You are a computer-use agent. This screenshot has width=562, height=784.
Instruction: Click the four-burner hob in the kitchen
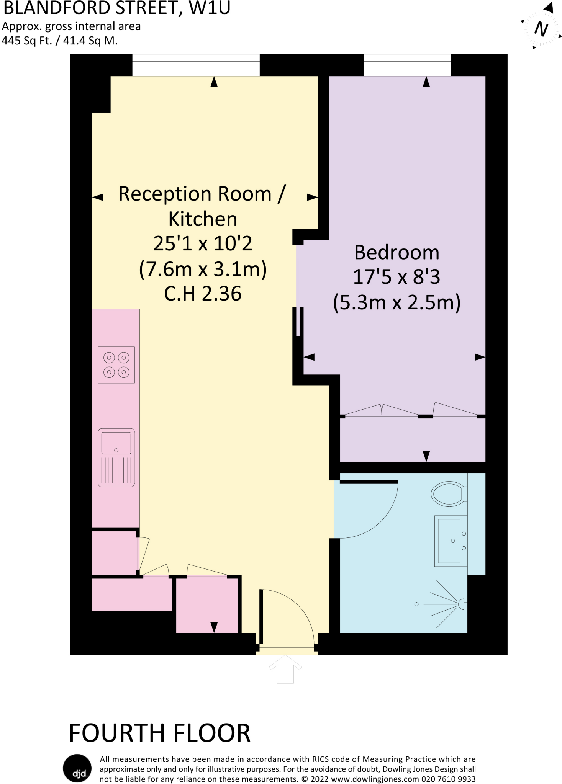tap(116, 364)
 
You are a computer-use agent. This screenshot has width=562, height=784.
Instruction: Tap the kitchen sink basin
tap(116, 443)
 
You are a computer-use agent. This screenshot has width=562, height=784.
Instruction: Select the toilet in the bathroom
tap(448, 494)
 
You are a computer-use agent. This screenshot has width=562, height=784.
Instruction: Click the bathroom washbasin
tap(449, 541)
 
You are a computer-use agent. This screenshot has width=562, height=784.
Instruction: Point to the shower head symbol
tap(461, 604)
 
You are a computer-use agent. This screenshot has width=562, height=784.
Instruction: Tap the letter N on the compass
tap(541, 29)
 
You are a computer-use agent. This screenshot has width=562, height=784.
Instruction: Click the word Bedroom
tap(397, 252)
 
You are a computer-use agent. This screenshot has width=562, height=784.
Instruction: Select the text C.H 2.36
tap(203, 294)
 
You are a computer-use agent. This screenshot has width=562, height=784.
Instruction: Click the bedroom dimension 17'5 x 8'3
tap(397, 277)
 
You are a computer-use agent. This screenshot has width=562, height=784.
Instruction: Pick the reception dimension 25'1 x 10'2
tap(203, 243)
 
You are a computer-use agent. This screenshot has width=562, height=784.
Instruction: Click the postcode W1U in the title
tap(210, 8)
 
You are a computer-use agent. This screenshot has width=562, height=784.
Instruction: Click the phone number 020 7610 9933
tap(448, 779)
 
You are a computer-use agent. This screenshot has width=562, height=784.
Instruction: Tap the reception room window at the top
tap(196, 65)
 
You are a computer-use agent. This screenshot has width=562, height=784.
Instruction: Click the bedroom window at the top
tap(407, 65)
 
